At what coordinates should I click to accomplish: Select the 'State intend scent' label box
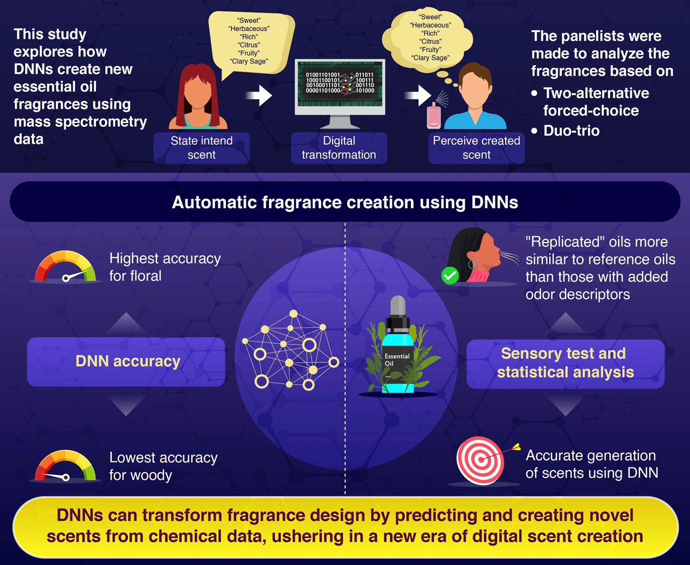(x=202, y=148)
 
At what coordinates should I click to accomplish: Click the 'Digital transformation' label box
(x=339, y=148)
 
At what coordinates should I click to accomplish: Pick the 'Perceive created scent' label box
(x=477, y=148)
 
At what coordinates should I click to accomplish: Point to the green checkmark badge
(x=450, y=275)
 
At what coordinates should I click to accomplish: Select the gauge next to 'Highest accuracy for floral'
(x=66, y=267)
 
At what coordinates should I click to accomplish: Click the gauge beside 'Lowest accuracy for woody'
(x=65, y=466)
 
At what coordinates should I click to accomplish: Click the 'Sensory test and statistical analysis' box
(x=565, y=363)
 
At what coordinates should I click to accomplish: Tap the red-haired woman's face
(x=198, y=92)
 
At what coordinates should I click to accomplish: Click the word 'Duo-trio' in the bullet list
(x=571, y=130)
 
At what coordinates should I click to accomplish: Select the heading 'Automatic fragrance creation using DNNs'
(x=345, y=202)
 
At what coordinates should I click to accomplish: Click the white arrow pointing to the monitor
(x=259, y=95)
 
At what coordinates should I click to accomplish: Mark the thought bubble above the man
(x=430, y=38)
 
